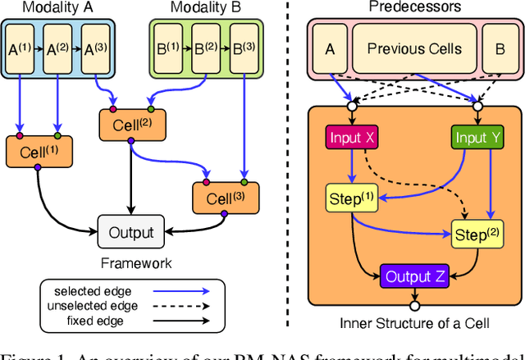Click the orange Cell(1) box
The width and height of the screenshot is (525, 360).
pos(38,150)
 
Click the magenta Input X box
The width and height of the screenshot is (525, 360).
pos(352,137)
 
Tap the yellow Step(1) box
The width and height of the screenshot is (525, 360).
pos(351,198)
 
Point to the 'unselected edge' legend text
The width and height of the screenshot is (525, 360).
pos(90,306)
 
